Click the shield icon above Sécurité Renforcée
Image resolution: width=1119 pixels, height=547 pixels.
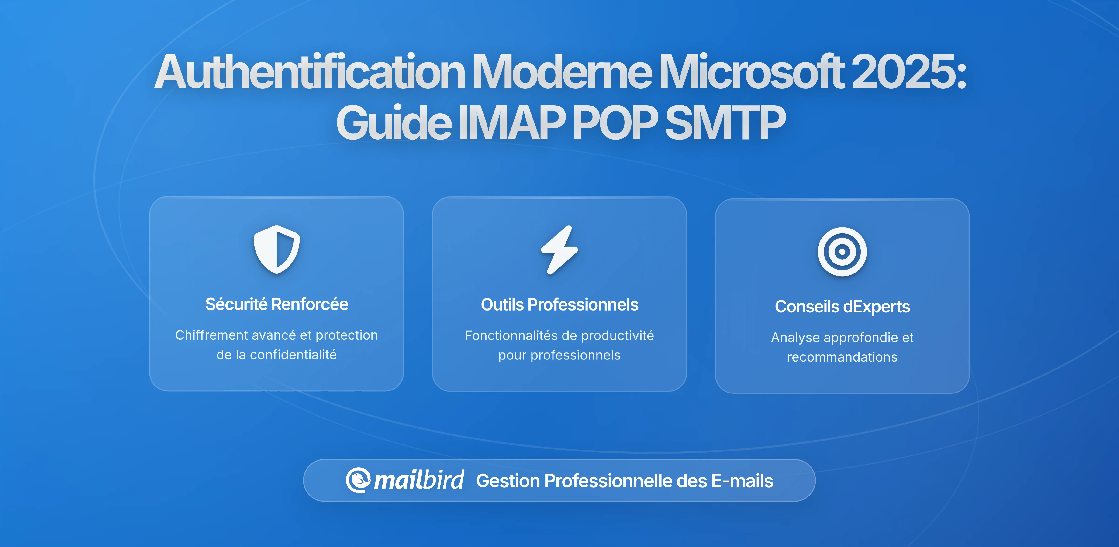pyautogui.click(x=277, y=249)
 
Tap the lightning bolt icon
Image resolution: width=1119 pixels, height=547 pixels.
pyautogui.click(x=559, y=250)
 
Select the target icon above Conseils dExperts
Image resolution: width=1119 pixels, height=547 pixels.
pyautogui.click(x=842, y=252)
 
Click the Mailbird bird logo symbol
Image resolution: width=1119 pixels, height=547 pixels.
pyautogui.click(x=358, y=480)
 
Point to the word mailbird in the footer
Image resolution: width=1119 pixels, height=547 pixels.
pyautogui.click(x=419, y=480)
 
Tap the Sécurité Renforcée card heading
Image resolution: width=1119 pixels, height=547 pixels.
pyautogui.click(x=277, y=304)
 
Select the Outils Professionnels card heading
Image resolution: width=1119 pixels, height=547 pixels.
pyautogui.click(x=559, y=305)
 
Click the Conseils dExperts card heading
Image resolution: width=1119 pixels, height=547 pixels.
pyautogui.click(x=842, y=307)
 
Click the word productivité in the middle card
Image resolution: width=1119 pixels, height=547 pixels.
pyautogui.click(x=617, y=335)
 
